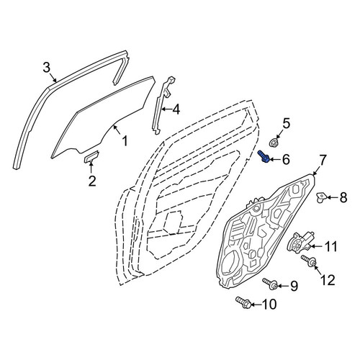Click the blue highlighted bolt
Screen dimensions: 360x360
point(264,156)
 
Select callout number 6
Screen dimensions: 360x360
point(286,159)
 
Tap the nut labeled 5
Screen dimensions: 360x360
point(274,142)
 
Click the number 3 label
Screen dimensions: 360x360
point(47,68)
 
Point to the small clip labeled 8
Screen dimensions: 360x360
point(321,197)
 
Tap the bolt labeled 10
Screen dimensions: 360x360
point(244,302)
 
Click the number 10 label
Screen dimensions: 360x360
point(269,305)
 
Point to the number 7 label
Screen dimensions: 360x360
point(322,160)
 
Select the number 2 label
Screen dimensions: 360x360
point(92,181)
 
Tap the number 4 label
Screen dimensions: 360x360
point(176,109)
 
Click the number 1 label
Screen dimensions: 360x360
point(125,141)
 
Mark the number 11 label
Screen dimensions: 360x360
point(330,246)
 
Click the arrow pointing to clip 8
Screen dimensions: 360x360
point(332,197)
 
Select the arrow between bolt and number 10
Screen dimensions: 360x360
point(256,305)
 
